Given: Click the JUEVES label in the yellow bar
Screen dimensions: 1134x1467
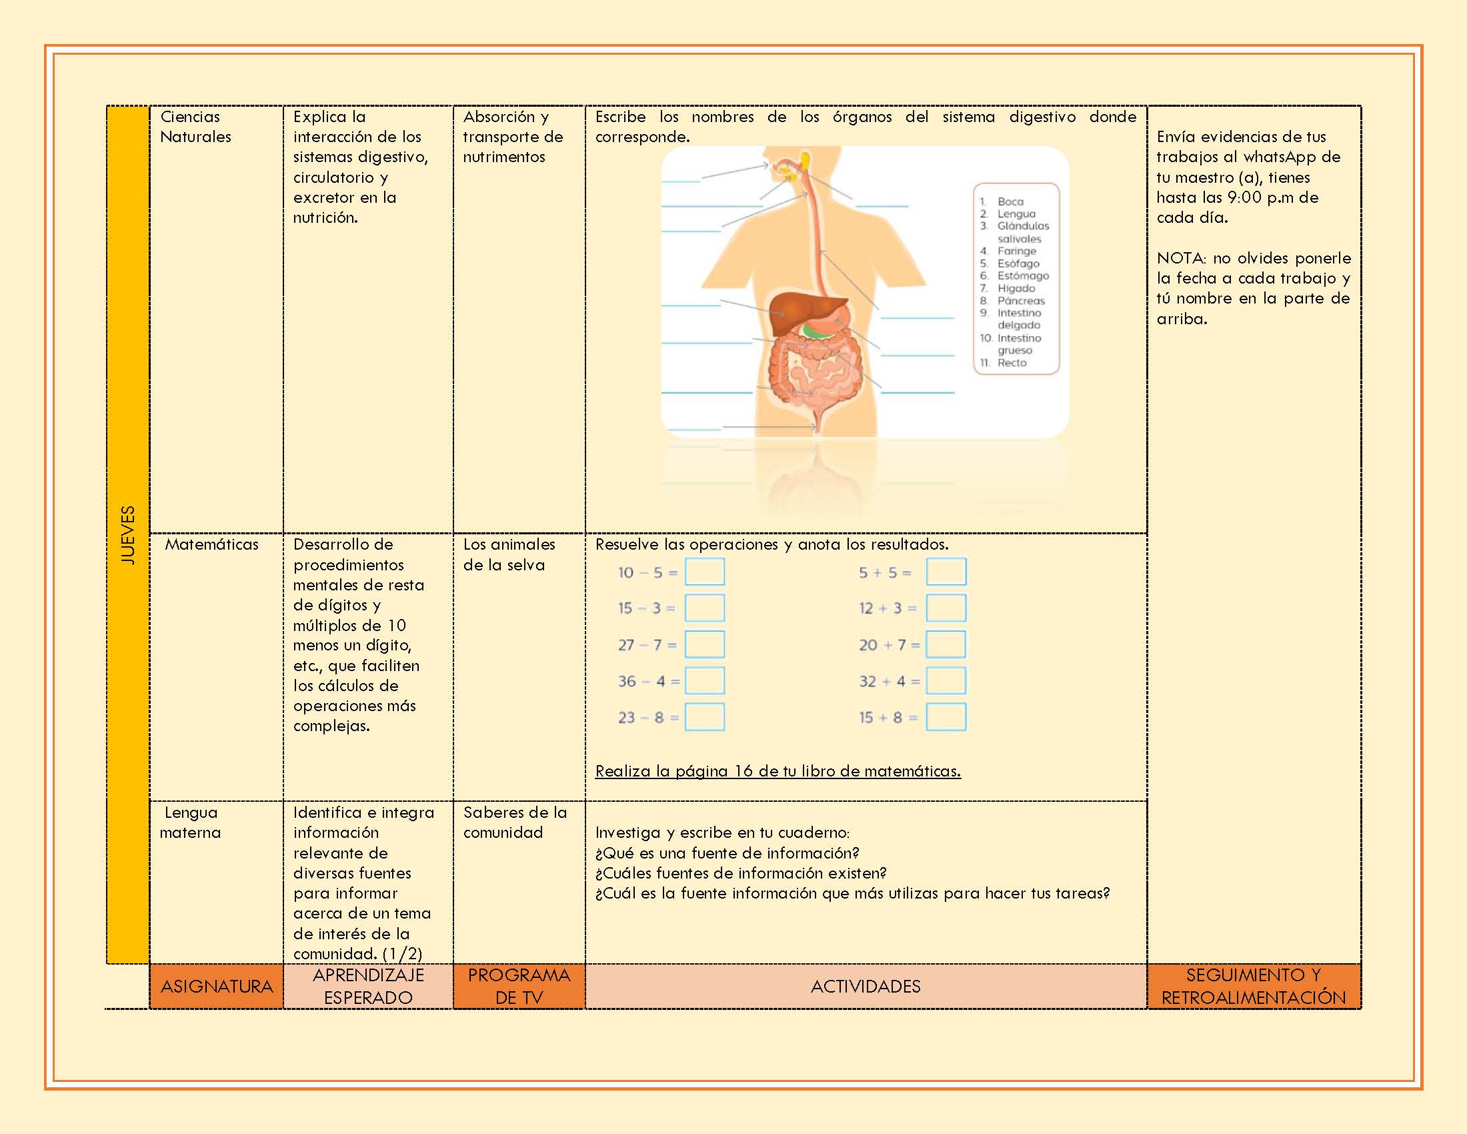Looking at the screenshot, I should (x=127, y=535).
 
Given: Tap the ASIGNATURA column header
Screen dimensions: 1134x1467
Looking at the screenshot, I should (x=216, y=986).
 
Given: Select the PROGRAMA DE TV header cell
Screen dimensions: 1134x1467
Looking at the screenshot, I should (x=519, y=986).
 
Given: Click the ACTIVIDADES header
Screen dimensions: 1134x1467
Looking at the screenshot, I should (x=865, y=986).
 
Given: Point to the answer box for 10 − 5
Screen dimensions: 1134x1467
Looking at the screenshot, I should (x=705, y=572).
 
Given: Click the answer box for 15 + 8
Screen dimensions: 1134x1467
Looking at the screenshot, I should (x=946, y=717).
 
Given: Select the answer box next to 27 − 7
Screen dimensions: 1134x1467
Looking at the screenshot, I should (x=705, y=644).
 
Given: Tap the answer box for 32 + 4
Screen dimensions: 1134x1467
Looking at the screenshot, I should (x=946, y=680).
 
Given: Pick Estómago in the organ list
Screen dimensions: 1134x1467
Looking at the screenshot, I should (x=1022, y=275).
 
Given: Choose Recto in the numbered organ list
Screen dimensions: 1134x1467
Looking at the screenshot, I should (x=1012, y=363).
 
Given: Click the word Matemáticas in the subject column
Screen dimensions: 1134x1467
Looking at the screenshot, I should (x=211, y=544).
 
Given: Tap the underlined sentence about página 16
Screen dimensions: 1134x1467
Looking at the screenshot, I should (x=778, y=771).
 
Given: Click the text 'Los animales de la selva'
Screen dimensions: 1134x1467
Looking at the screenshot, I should (x=509, y=554).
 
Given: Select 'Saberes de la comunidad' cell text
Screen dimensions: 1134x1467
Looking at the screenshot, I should (x=515, y=822).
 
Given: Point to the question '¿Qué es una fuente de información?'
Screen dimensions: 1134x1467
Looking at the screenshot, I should (x=727, y=853).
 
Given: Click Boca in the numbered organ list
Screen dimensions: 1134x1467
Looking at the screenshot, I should (x=1010, y=201).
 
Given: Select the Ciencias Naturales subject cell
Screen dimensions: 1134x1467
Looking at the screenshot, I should (x=195, y=126).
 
